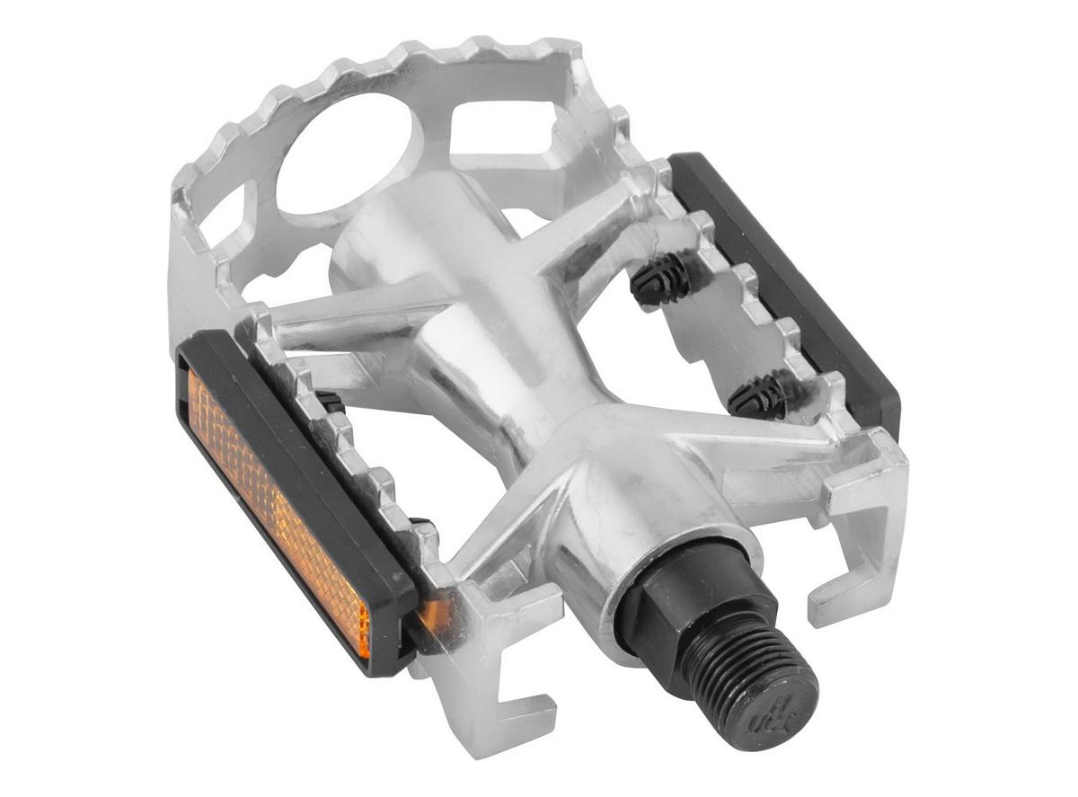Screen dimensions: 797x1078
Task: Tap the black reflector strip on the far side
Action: coord(791,279)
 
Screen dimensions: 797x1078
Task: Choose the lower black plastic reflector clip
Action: coord(764,395)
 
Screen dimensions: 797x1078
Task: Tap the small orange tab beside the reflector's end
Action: coord(435,615)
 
